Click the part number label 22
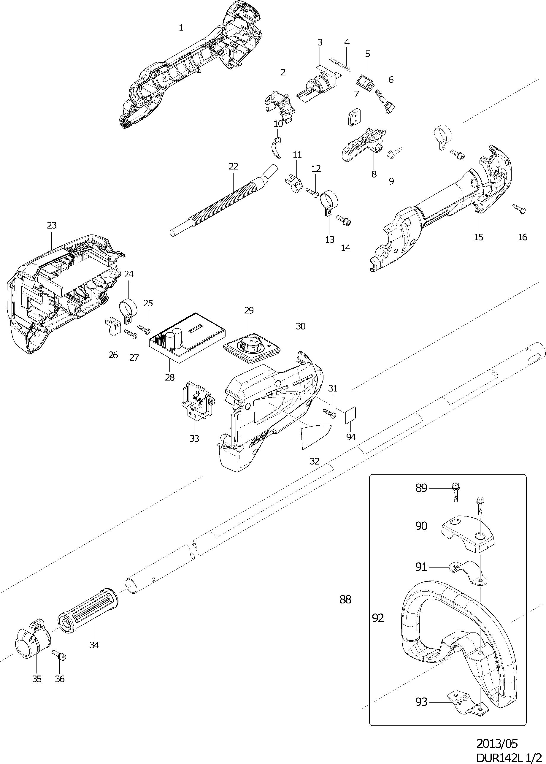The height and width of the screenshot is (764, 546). pos(233,166)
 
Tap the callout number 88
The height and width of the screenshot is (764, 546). pos(345,599)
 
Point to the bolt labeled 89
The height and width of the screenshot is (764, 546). pos(455,492)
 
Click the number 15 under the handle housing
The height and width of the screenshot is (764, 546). pos(478,237)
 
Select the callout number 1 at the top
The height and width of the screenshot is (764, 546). pos(181,28)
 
